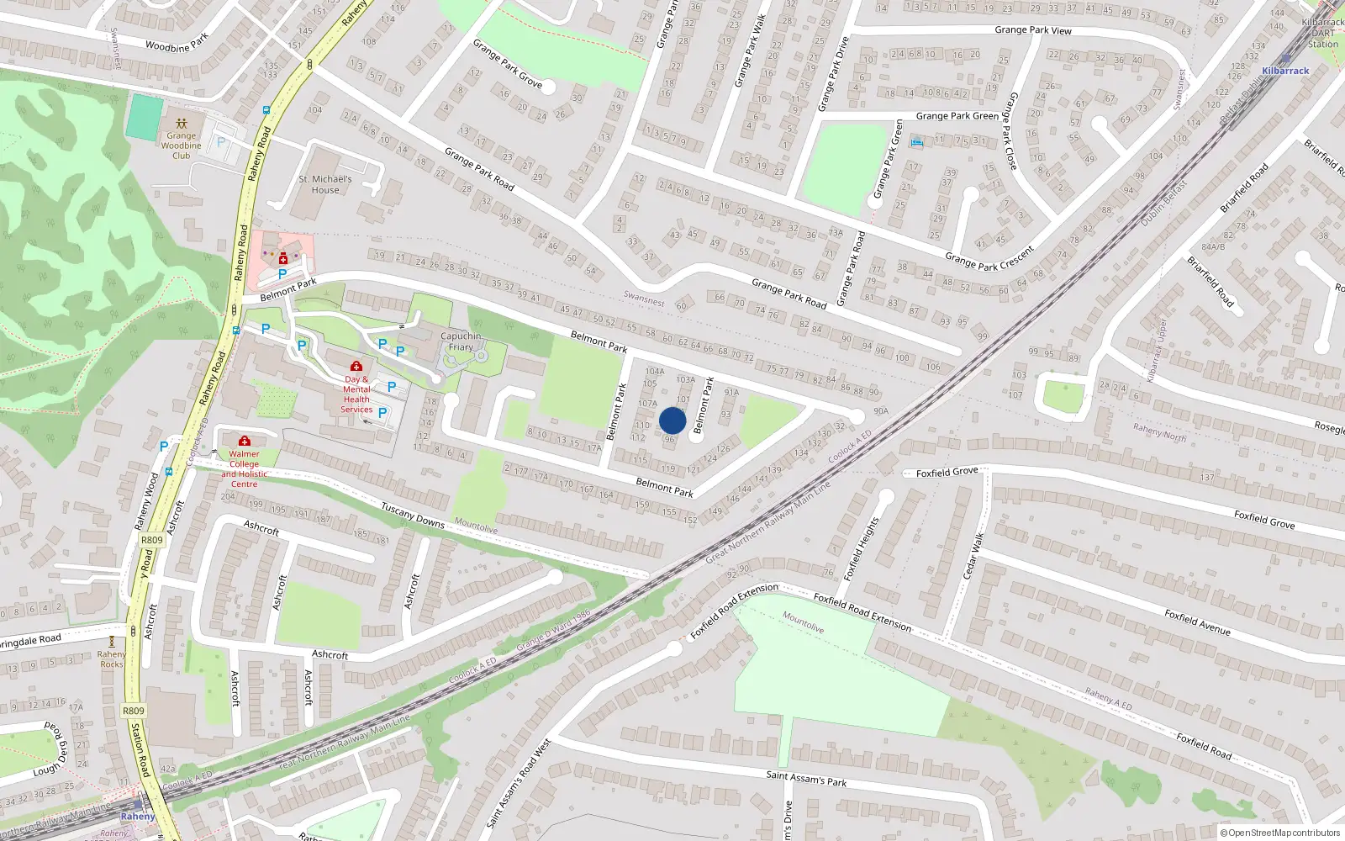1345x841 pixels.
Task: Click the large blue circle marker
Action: click(672, 420)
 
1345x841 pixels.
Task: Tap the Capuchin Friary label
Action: click(461, 341)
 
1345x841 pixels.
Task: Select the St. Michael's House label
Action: click(325, 184)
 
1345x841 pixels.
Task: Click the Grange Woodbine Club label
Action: click(182, 145)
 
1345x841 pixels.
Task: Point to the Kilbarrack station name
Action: click(1285, 71)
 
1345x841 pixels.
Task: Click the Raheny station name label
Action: click(138, 816)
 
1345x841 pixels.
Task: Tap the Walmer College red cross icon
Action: click(245, 441)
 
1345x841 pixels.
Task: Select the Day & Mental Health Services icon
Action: click(356, 366)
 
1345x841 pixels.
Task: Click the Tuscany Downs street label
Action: click(413, 515)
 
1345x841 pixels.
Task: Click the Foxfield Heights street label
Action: click(861, 548)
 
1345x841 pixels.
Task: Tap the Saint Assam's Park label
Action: click(806, 778)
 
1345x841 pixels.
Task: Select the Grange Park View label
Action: click(1032, 30)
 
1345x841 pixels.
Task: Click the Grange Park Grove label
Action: click(507, 63)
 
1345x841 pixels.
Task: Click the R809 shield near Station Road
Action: click(134, 711)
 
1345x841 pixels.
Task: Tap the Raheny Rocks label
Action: click(112, 659)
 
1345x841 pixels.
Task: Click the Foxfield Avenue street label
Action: click(1197, 622)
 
